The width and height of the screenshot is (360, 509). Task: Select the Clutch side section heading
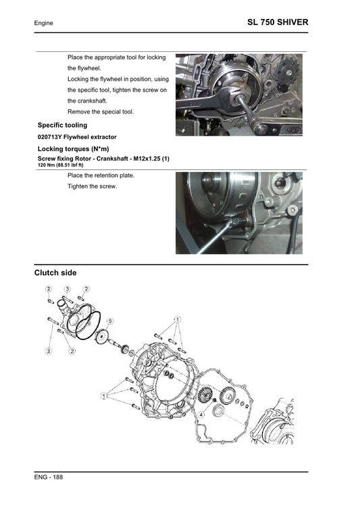pyautogui.click(x=55, y=273)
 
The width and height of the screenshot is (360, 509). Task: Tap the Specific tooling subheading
pyautogui.click(x=62, y=125)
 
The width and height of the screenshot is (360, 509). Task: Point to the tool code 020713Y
pyautogui.click(x=51, y=137)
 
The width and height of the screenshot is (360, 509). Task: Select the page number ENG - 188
pyautogui.click(x=49, y=478)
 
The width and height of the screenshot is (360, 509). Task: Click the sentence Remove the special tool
pyautogui.click(x=101, y=111)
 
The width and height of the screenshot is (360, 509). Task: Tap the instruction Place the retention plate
pyautogui.click(x=101, y=176)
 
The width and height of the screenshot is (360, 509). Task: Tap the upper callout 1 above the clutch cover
pyautogui.click(x=176, y=319)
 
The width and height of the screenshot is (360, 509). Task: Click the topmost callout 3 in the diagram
pyautogui.click(x=68, y=289)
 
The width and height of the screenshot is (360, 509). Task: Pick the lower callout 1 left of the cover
pyautogui.click(x=104, y=394)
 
